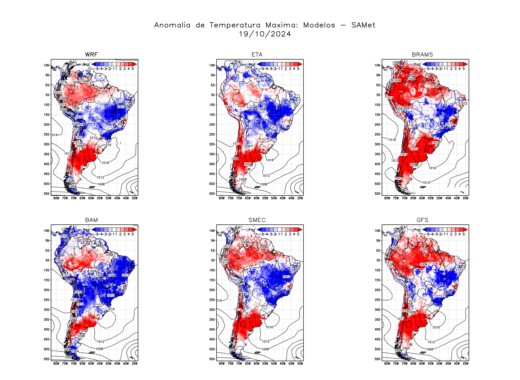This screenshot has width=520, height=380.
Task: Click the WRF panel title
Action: tap(91, 55)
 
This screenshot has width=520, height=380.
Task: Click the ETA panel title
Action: tap(257, 55)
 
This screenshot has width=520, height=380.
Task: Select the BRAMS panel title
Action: tap(422, 55)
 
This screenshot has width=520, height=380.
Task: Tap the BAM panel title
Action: tap(91, 220)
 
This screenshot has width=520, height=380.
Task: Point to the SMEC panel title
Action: tap(257, 220)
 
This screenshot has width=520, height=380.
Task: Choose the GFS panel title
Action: tap(422, 220)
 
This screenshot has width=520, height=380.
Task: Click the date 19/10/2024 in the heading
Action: tap(265, 34)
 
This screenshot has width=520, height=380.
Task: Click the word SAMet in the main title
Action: tap(363, 25)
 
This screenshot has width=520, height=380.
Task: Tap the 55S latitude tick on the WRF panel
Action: tap(47, 194)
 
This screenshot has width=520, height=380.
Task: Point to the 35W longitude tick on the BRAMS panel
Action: tap(465, 198)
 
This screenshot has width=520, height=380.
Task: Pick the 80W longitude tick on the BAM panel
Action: tap(56, 364)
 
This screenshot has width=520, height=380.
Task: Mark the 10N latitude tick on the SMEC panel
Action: tap(212, 231)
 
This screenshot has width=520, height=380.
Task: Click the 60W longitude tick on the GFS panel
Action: tap(422, 364)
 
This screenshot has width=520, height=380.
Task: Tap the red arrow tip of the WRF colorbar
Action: tap(135, 64)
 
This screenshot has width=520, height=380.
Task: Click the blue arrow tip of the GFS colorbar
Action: tap(424, 229)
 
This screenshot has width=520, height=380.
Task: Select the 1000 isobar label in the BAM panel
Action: tap(68, 357)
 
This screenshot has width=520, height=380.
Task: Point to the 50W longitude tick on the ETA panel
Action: tap(274, 198)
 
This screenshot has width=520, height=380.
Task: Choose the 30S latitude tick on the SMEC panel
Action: tap(212, 310)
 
